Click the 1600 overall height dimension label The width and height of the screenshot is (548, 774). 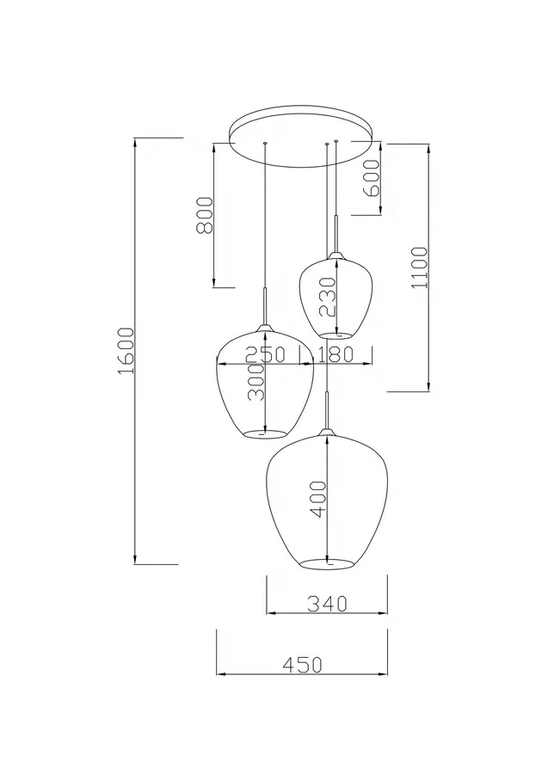[x=126, y=351]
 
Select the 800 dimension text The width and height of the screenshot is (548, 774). [x=205, y=215]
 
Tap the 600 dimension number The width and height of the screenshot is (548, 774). [x=373, y=178]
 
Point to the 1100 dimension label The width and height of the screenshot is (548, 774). [x=420, y=267]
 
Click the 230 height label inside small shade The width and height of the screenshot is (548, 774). [x=327, y=297]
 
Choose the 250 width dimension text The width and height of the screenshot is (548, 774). [x=266, y=354]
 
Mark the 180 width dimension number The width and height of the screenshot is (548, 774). [x=335, y=354]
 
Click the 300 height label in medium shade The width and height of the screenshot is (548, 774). [x=256, y=382]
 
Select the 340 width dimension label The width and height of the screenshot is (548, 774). [x=327, y=603]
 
